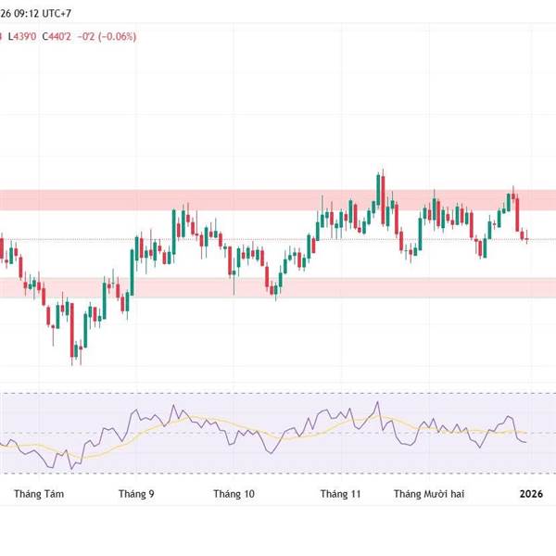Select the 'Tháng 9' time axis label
pos(136,495)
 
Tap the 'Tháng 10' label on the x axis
pos(234,495)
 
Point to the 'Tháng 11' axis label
pos(340,495)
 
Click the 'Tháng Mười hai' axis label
pos(429,495)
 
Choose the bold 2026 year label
pos(531,495)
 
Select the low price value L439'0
pos(22,36)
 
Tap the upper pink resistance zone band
pos(278,199)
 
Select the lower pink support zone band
pos(278,287)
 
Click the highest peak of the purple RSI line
pos(379,403)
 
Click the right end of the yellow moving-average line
pos(526,433)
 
